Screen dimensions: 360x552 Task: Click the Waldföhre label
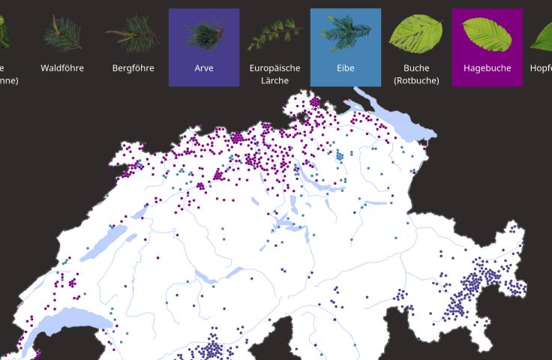62,68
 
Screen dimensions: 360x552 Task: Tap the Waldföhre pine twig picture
62,34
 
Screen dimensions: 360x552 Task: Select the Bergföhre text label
133,68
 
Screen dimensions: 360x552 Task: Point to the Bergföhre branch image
133,34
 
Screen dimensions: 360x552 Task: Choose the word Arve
204,68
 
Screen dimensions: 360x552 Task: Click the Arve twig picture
204,34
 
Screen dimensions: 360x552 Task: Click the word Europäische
274,68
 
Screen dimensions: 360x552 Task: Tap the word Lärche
274,79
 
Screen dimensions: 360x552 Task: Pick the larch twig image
274,34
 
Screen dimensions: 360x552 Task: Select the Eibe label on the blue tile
346,68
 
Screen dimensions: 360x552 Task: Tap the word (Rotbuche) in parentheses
416,79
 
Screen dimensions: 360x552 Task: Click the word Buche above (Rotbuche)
416,68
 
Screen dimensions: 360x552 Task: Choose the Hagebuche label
487,68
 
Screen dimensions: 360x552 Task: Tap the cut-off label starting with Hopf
541,68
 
